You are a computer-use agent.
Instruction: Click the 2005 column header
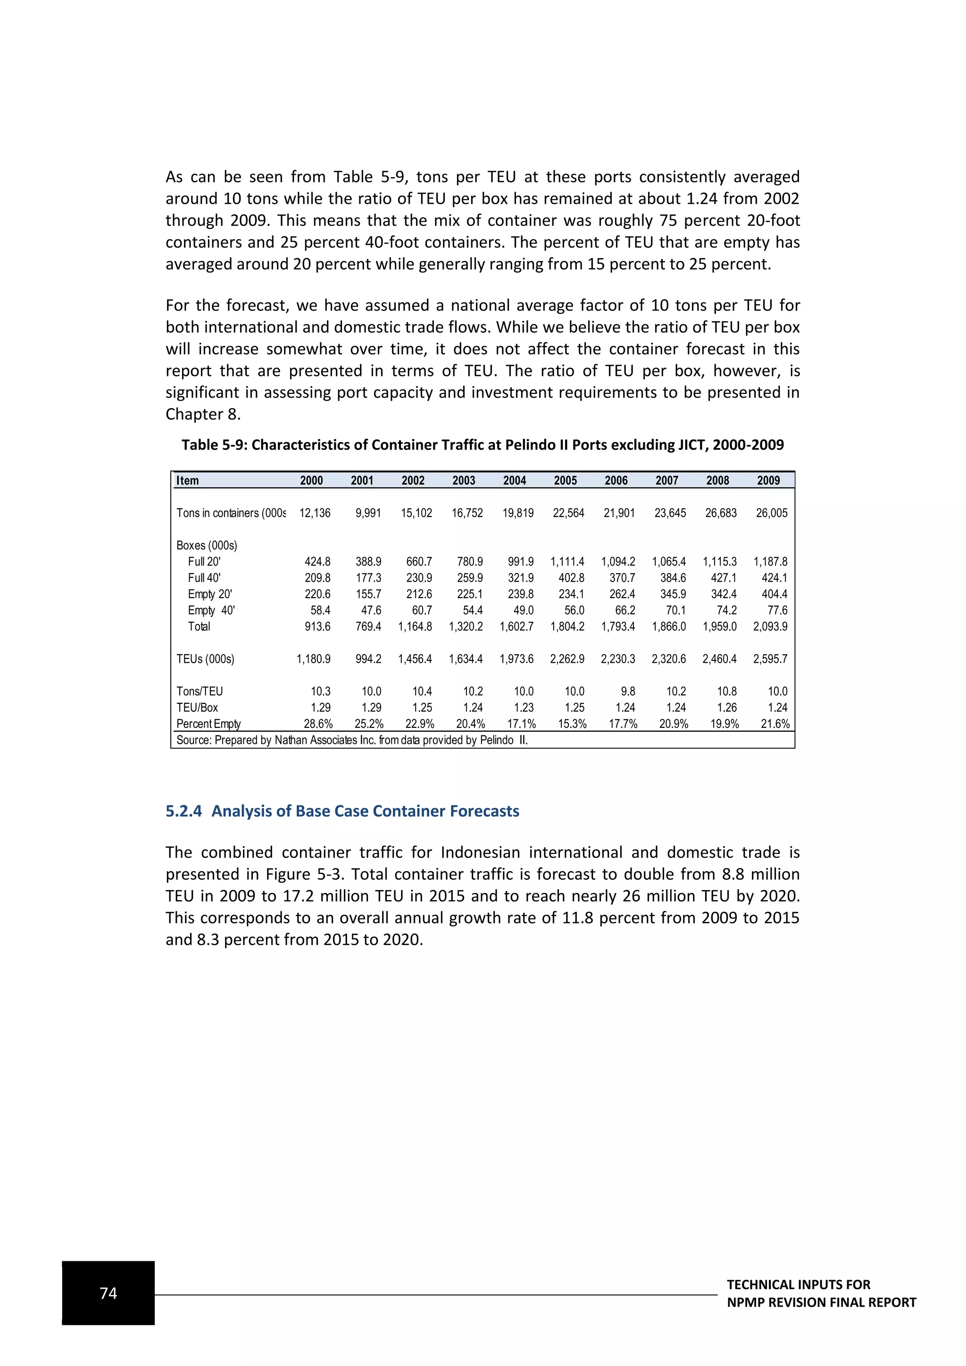coord(565,481)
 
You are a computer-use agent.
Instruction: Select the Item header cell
coord(187,481)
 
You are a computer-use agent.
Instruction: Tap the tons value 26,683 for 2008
coord(720,513)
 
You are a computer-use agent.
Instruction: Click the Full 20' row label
coord(204,562)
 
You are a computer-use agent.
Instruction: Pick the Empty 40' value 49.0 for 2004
coord(523,610)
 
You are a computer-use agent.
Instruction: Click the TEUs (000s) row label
coord(205,659)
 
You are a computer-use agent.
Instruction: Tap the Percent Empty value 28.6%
coord(317,724)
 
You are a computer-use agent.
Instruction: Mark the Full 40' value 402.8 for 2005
coord(571,578)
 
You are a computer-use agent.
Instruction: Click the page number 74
coord(108,1293)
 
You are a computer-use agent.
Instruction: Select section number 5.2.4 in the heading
coord(183,811)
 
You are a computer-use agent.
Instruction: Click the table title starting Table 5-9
coord(483,445)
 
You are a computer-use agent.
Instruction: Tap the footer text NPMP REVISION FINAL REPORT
coord(821,1302)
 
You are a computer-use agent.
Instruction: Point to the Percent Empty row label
coord(208,724)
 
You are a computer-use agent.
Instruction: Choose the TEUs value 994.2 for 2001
coord(368,659)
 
